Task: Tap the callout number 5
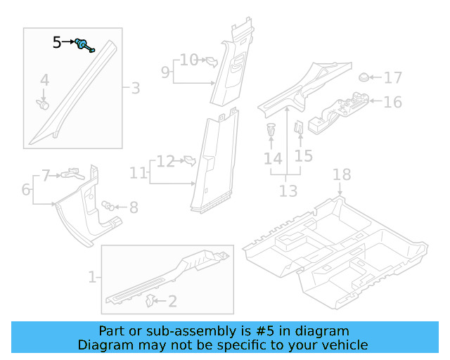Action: pos(57,43)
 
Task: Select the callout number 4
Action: pos(44,80)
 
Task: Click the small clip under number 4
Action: pos(43,105)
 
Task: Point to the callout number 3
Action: pos(135,88)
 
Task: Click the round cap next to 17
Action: pos(364,77)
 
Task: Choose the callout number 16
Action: pos(392,102)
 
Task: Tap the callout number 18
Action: pos(341,174)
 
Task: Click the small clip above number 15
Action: pos(298,129)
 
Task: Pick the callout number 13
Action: pos(288,191)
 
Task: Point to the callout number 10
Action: pos(188,60)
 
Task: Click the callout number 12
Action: pos(165,161)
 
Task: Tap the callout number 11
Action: pos(139,172)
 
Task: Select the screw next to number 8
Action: pos(108,205)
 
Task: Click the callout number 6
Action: pos(26,189)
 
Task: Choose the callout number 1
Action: pos(92,277)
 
